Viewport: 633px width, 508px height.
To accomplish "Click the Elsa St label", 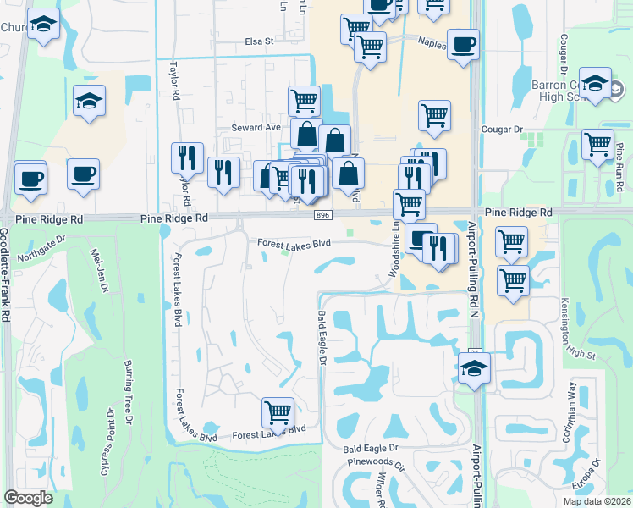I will pyautogui.click(x=260, y=41).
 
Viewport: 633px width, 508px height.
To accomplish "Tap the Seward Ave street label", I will pyautogui.click(x=256, y=127).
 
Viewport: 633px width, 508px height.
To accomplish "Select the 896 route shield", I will pyautogui.click(x=323, y=216).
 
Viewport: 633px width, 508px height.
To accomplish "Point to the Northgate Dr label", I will pyautogui.click(x=41, y=248).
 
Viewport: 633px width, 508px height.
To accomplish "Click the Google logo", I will pyautogui.click(x=28, y=498).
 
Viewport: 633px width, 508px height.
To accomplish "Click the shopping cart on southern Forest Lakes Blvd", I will pyautogui.click(x=278, y=412).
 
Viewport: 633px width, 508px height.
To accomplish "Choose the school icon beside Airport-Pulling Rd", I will pyautogui.click(x=475, y=368).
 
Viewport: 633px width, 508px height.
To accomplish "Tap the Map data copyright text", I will pyautogui.click(x=597, y=501).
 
